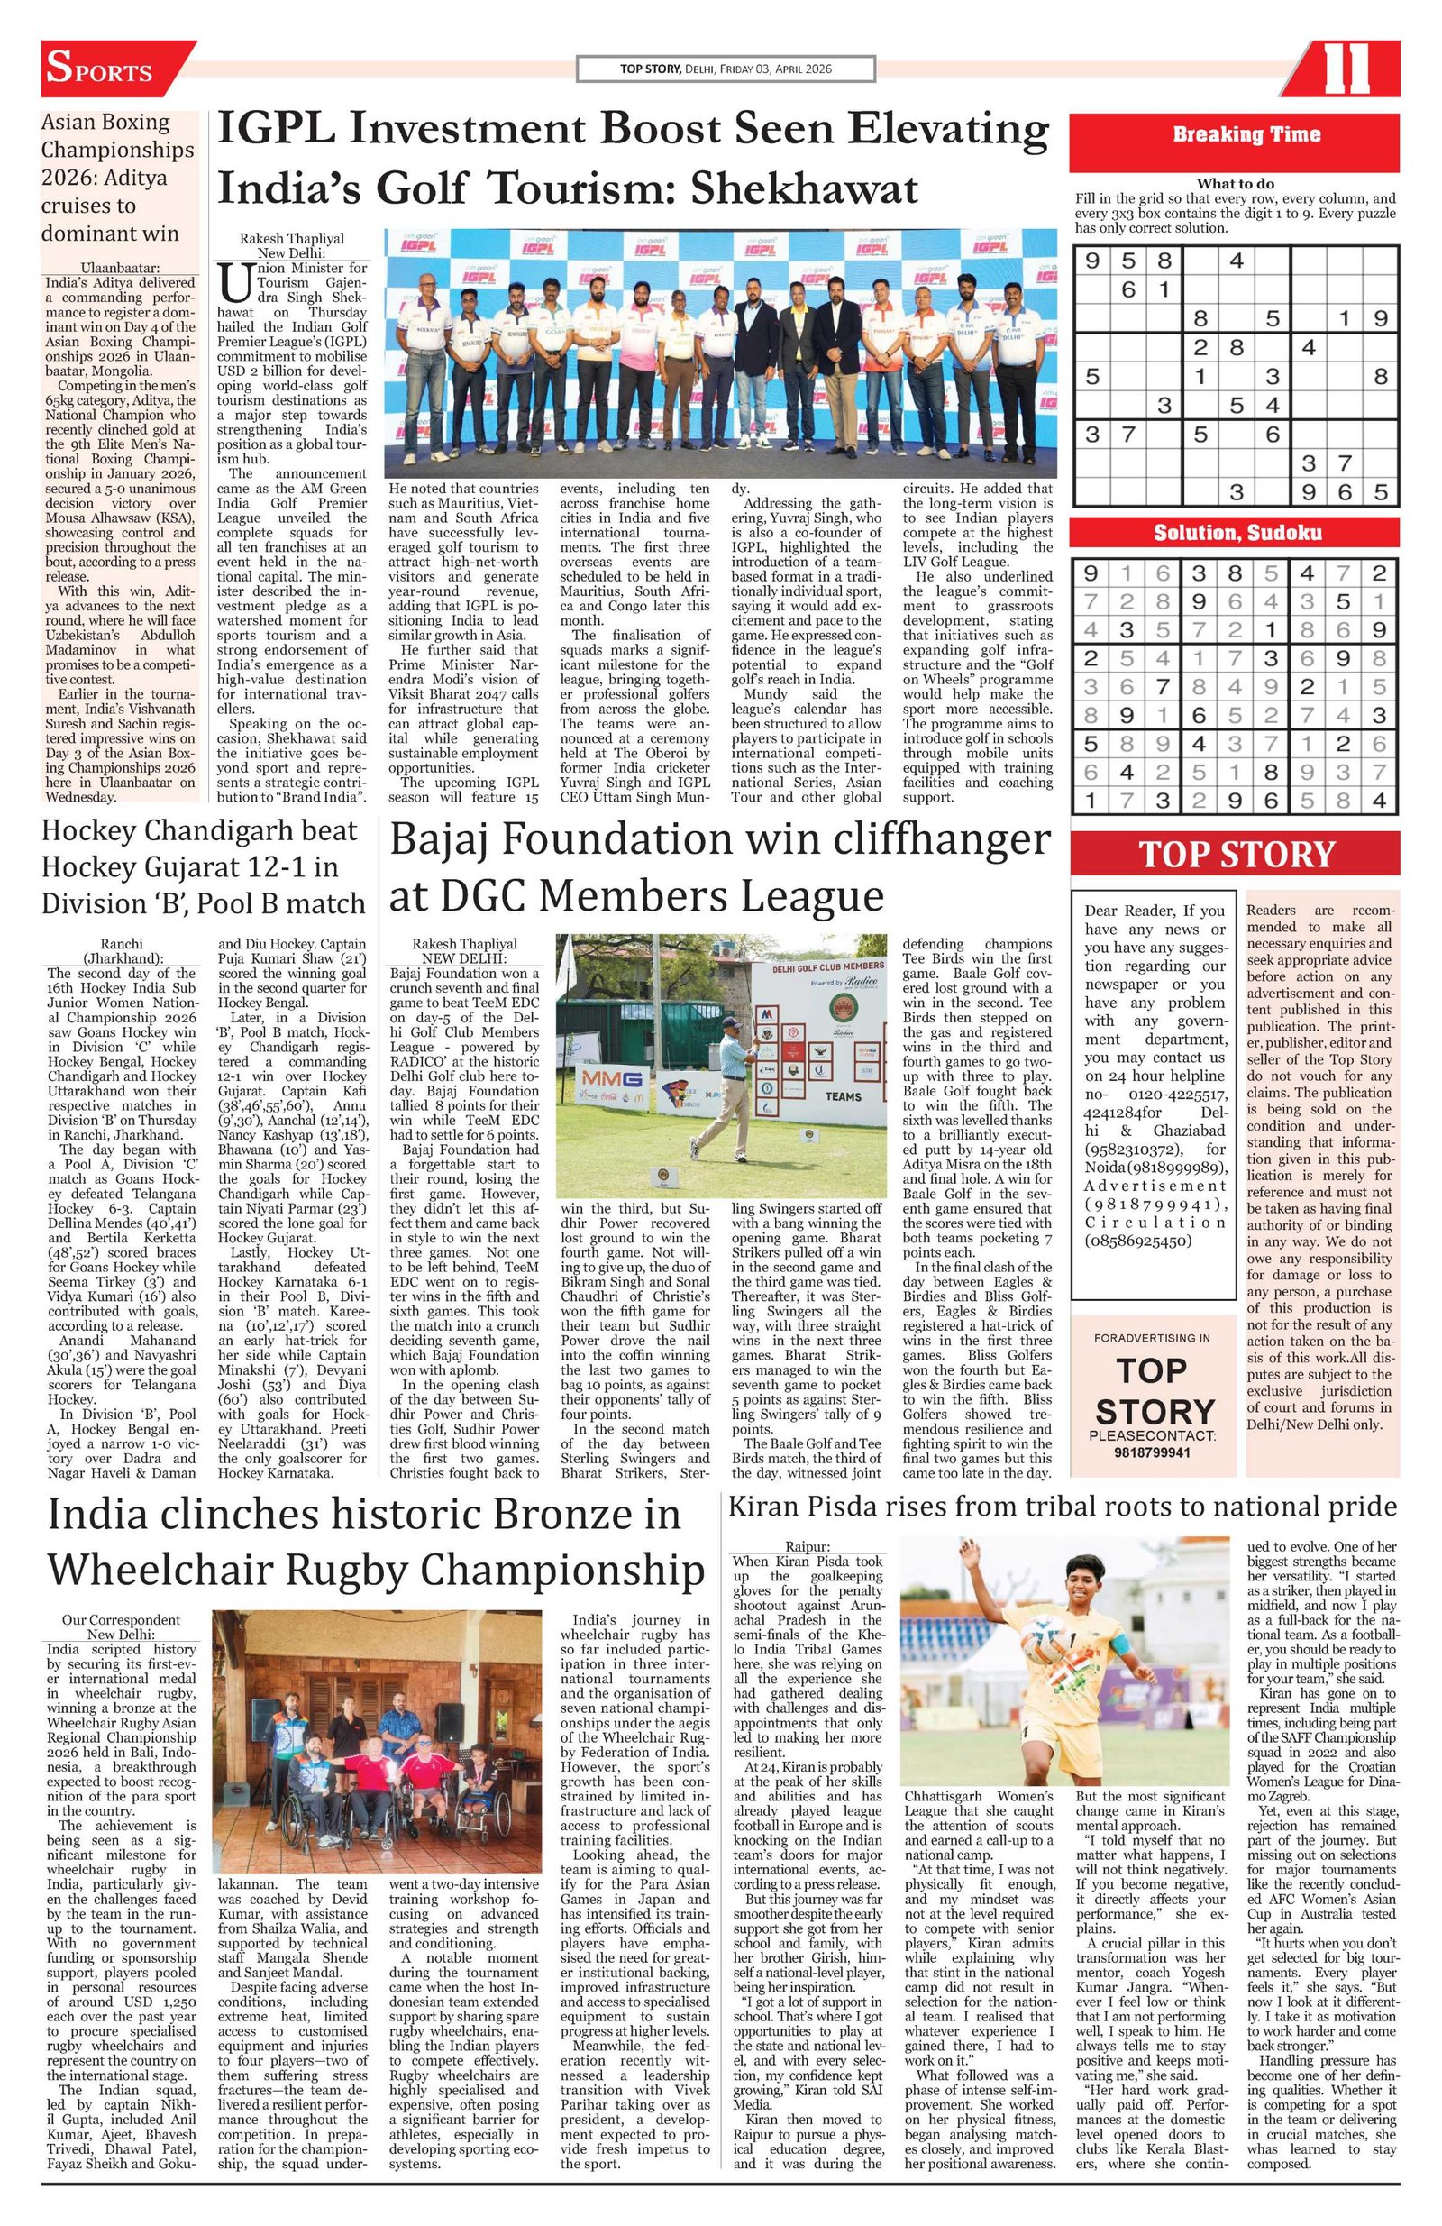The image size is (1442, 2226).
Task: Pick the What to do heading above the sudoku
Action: (1235, 183)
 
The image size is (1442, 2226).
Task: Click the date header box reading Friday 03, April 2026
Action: (726, 69)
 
